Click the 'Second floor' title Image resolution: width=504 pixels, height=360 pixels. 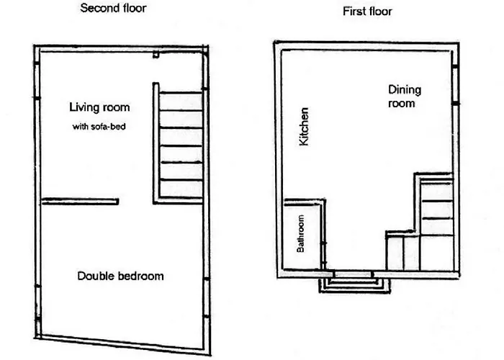point(113,8)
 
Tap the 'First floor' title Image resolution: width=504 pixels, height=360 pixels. point(367,12)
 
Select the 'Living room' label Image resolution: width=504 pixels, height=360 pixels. point(99,107)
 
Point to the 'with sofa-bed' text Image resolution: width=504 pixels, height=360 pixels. point(99,126)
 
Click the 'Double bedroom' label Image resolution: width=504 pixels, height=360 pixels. point(120,276)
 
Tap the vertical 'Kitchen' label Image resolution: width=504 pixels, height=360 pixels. point(304,126)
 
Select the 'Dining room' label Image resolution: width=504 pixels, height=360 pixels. point(405,96)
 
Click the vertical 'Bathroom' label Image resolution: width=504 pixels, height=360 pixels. point(300,234)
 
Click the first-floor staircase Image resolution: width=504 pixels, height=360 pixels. point(436,222)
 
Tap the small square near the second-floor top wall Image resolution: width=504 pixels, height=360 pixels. point(156,55)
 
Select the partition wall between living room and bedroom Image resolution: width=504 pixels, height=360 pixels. point(81,202)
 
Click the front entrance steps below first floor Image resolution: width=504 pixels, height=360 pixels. point(354,285)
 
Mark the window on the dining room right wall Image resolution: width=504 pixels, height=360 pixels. point(455,85)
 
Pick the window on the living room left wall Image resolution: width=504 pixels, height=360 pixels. point(37,81)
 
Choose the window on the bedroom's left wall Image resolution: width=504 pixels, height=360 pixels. point(37,302)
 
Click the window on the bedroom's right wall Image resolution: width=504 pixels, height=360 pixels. point(207,297)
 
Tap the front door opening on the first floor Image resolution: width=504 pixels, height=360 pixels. point(354,274)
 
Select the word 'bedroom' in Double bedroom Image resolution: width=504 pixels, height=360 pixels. point(141,276)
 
